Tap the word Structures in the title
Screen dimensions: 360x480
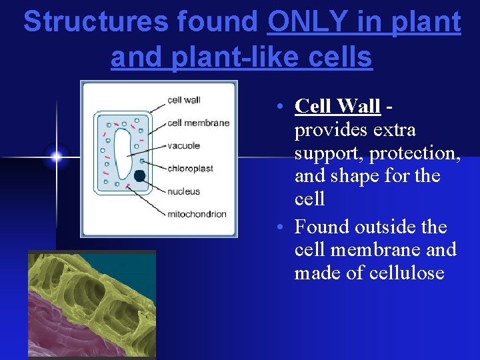click(95, 23)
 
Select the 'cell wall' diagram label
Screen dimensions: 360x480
click(184, 100)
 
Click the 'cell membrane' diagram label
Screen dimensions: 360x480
click(199, 123)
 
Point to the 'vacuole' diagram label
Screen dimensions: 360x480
click(184, 145)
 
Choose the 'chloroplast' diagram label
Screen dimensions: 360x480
click(191, 169)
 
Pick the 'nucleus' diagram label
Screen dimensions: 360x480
click(184, 191)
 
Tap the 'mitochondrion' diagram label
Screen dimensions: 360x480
click(197, 214)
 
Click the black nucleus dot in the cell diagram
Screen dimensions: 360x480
click(139, 176)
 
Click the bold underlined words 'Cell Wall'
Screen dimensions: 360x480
click(337, 106)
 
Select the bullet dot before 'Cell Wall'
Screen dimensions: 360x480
click(283, 107)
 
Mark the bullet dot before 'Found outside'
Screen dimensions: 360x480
click(283, 227)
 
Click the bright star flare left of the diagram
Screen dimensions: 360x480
click(56, 157)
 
